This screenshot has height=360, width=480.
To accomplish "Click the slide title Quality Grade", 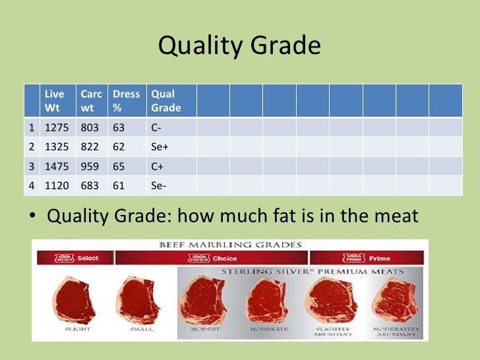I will point(239,46).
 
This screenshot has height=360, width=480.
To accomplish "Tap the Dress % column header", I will point(126,101).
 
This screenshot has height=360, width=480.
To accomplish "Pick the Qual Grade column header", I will point(165,101).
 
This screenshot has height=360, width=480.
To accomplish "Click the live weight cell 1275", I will point(56,127).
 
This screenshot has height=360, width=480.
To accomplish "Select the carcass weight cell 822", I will point(91,146).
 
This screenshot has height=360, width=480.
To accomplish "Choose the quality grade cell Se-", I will point(158,186).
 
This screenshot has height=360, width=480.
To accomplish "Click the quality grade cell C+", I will point(157,166).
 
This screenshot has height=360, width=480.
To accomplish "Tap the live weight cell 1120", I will point(56,186).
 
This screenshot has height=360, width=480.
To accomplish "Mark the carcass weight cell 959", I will point(91,166).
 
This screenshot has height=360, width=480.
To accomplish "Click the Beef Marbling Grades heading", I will point(230,245).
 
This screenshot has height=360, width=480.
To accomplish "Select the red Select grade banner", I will point(74,258).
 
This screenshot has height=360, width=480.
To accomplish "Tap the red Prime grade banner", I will point(366,258).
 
